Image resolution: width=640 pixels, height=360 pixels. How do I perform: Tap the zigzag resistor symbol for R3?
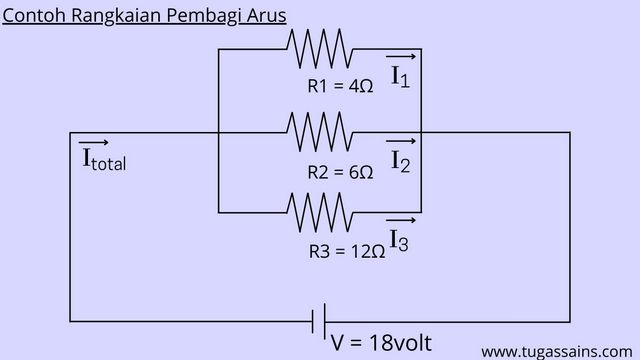[x=318, y=211]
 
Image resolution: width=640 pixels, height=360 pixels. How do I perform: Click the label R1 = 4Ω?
[x=340, y=86]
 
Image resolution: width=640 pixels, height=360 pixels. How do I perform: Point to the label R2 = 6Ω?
[x=340, y=172]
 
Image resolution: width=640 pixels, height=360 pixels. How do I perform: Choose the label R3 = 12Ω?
[x=346, y=252]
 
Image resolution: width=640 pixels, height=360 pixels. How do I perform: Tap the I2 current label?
[x=400, y=161]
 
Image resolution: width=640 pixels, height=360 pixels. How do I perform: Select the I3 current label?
[x=398, y=241]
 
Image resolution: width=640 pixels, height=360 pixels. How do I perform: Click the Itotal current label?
[x=103, y=160]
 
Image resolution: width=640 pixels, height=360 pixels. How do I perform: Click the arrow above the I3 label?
[x=400, y=220]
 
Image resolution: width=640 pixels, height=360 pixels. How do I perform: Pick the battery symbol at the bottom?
[x=320, y=321]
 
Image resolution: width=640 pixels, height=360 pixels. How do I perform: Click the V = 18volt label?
[x=381, y=342]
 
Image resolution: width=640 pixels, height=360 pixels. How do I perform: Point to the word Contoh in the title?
[x=34, y=16]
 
